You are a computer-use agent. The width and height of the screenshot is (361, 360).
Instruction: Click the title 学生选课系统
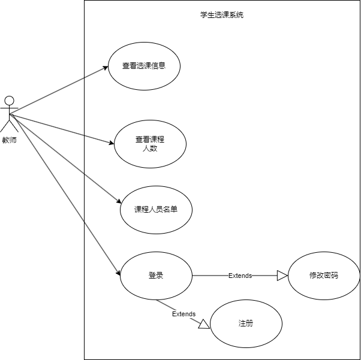click(222, 15)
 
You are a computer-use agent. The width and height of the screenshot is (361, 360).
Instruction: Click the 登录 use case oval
click(156, 276)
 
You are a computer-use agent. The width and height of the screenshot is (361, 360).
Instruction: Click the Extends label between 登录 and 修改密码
click(240, 276)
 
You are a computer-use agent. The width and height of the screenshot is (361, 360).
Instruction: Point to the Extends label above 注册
click(183, 314)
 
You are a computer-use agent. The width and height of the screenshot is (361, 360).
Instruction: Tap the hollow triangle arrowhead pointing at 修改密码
click(282, 276)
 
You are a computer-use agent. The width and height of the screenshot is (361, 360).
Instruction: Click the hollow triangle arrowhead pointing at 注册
click(204, 324)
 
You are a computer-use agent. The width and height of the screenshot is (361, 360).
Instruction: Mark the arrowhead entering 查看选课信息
click(105, 67)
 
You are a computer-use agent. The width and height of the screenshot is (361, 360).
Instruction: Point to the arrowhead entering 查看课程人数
click(111, 143)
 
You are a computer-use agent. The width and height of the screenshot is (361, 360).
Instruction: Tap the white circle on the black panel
click(9, 101)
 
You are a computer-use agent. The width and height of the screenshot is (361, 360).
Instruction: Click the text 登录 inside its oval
click(156, 276)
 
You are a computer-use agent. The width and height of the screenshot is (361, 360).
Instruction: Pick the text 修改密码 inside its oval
click(324, 276)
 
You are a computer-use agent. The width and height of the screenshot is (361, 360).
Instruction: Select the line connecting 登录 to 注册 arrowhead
click(177, 310)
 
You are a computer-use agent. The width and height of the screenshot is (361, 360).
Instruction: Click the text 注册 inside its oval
click(246, 323)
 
